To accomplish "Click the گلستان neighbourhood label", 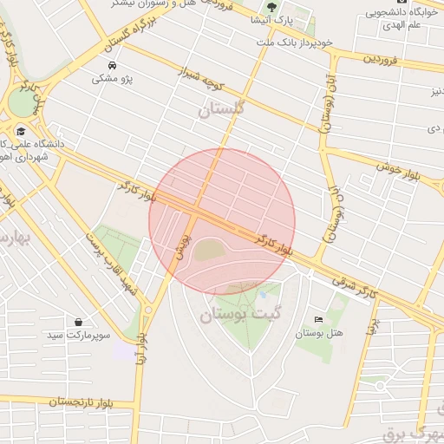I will (221, 109).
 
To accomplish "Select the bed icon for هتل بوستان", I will (318, 319).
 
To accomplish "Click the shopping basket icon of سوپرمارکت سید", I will (80, 322).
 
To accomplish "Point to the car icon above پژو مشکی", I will (112, 66).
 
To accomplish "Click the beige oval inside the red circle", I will (208, 251).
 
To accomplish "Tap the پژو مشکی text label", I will (112, 79).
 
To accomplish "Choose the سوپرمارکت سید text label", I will (80, 335).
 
